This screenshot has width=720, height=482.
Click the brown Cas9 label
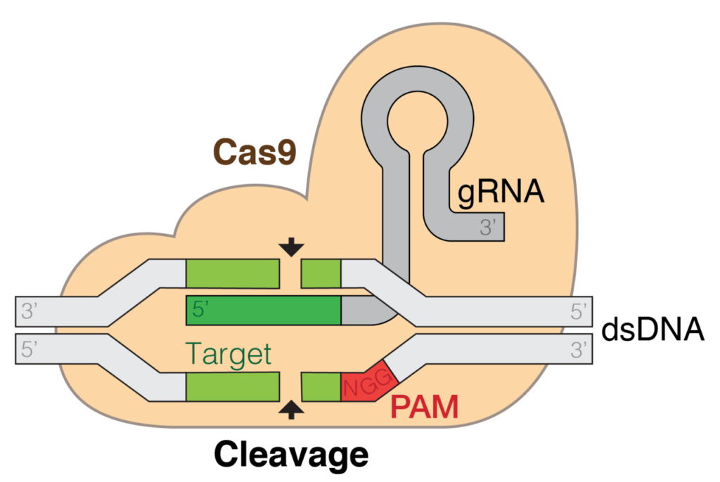point(254,152)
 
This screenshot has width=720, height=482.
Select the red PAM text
point(424,408)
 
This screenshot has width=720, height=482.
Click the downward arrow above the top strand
point(291,247)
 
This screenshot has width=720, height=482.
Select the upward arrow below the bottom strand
point(291,410)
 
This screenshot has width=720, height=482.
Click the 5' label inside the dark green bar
point(202,310)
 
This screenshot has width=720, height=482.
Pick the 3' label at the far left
point(29,311)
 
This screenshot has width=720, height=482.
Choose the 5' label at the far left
point(29,349)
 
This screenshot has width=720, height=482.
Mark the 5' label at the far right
point(578,311)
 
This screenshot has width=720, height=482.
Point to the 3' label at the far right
point(578,349)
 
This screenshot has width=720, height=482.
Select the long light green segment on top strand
point(233,273)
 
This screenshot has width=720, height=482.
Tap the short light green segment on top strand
point(321,273)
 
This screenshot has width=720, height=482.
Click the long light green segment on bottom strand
point(233,387)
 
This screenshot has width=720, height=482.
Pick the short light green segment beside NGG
point(321,387)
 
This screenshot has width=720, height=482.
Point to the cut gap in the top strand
point(291,273)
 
